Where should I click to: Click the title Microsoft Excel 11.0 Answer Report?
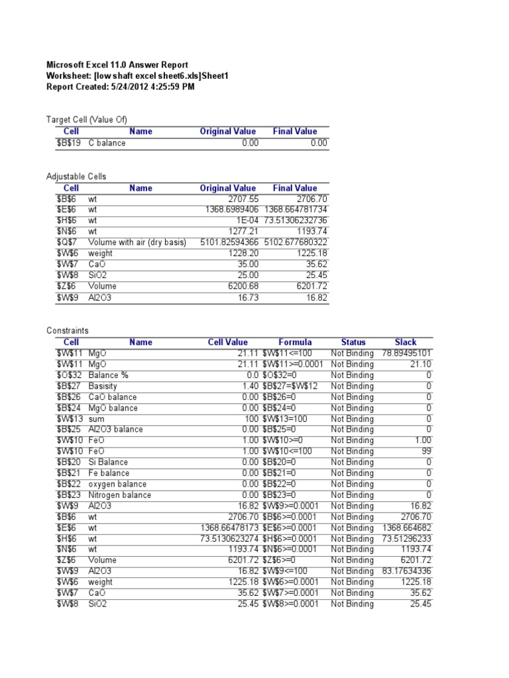click(x=117, y=65)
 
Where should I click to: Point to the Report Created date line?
click(x=120, y=87)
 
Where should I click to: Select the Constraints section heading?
click(x=67, y=330)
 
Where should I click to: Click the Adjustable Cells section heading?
click(x=76, y=177)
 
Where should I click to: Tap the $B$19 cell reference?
click(x=70, y=143)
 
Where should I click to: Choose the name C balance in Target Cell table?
click(x=107, y=143)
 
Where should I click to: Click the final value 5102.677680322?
click(x=296, y=242)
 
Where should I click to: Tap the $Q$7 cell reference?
click(x=70, y=242)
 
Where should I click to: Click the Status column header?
click(x=353, y=342)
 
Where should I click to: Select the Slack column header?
click(x=405, y=342)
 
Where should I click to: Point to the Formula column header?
click(x=295, y=342)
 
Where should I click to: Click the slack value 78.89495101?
click(x=407, y=354)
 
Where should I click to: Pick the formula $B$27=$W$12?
click(x=290, y=386)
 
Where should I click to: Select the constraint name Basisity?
click(x=103, y=386)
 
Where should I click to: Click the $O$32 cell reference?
click(x=70, y=375)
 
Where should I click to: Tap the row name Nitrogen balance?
click(x=119, y=495)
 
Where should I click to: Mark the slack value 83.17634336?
click(x=407, y=571)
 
